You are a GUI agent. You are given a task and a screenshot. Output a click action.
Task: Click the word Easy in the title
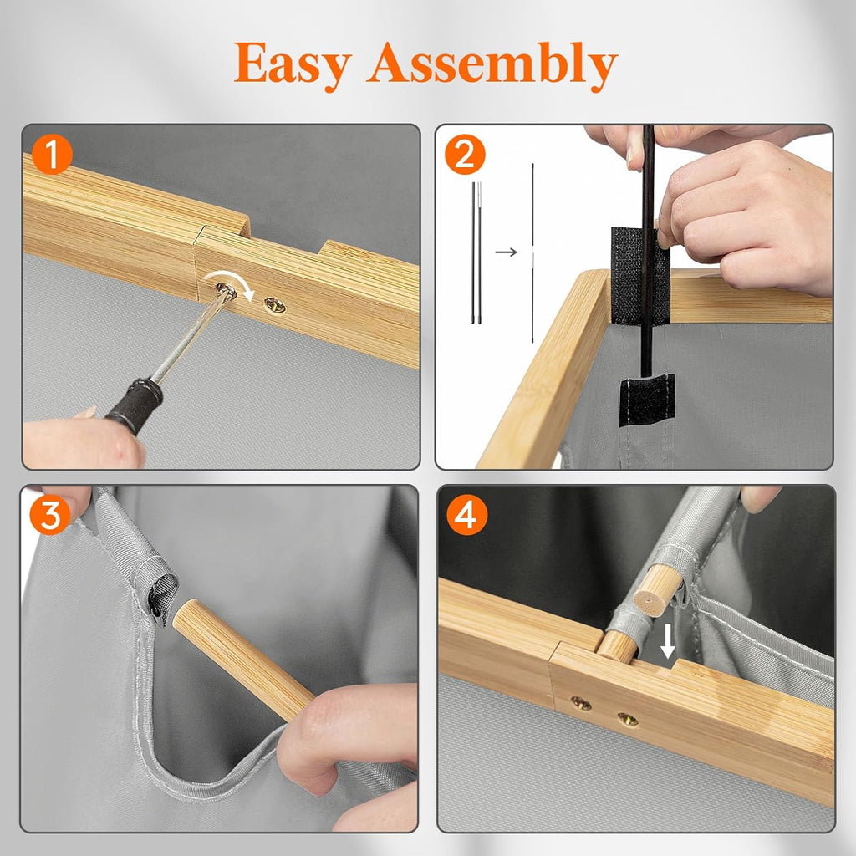click(293, 64)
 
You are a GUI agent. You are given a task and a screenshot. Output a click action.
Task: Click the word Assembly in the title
click(492, 65)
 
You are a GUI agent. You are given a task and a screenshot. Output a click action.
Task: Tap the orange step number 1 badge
click(52, 155)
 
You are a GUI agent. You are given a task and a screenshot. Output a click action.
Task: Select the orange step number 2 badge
click(465, 155)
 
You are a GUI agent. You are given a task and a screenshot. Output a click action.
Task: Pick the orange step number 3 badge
click(49, 515)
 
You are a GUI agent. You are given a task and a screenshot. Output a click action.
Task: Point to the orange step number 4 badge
click(466, 515)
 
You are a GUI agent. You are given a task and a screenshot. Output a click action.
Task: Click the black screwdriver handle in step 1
click(135, 406)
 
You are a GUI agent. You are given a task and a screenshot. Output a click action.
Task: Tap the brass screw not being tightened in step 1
click(274, 305)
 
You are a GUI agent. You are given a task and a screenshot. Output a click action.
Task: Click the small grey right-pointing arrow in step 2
click(506, 252)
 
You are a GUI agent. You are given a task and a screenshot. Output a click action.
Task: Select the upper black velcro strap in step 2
click(639, 275)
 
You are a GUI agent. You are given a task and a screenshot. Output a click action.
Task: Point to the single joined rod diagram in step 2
click(532, 252)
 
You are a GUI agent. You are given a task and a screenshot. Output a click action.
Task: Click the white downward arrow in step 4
click(667, 640)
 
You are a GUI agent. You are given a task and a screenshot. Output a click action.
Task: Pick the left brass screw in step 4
click(582, 704)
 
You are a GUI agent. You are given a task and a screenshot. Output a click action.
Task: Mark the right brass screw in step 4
click(629, 720)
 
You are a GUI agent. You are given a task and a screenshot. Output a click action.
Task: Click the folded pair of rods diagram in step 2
click(476, 252)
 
